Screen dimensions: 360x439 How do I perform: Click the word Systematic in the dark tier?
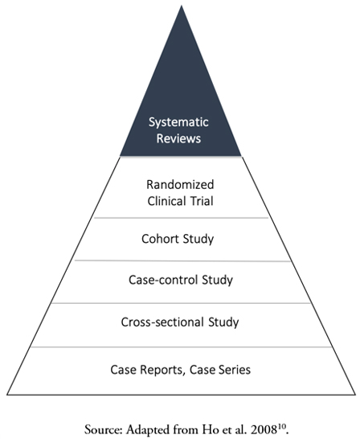pyautogui.click(x=178, y=123)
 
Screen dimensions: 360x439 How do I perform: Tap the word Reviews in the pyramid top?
pyautogui.click(x=178, y=138)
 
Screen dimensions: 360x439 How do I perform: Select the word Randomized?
pyautogui.click(x=180, y=185)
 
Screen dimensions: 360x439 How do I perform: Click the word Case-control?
pyautogui.click(x=163, y=280)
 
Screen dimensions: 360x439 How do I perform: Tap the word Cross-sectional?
pyautogui.click(x=162, y=322)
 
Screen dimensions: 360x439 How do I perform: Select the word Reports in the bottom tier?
pyautogui.click(x=162, y=370)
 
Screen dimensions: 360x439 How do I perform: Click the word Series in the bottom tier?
pyautogui.click(x=235, y=370)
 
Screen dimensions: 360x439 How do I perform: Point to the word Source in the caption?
pyautogui.click(x=104, y=429)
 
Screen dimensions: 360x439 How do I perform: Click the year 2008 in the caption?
pyautogui.click(x=264, y=429)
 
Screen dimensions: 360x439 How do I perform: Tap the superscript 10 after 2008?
pyautogui.click(x=281, y=427)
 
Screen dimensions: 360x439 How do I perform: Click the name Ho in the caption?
pyautogui.click(x=208, y=429)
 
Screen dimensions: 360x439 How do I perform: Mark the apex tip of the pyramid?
pyautogui.click(x=182, y=6)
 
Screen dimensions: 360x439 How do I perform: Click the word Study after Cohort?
pyautogui.click(x=198, y=240)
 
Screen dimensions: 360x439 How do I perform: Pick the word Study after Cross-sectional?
pyautogui.click(x=223, y=322)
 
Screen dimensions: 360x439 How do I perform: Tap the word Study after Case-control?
pyautogui.click(x=217, y=281)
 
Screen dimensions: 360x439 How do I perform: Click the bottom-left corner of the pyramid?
pyautogui.click(x=7, y=395)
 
